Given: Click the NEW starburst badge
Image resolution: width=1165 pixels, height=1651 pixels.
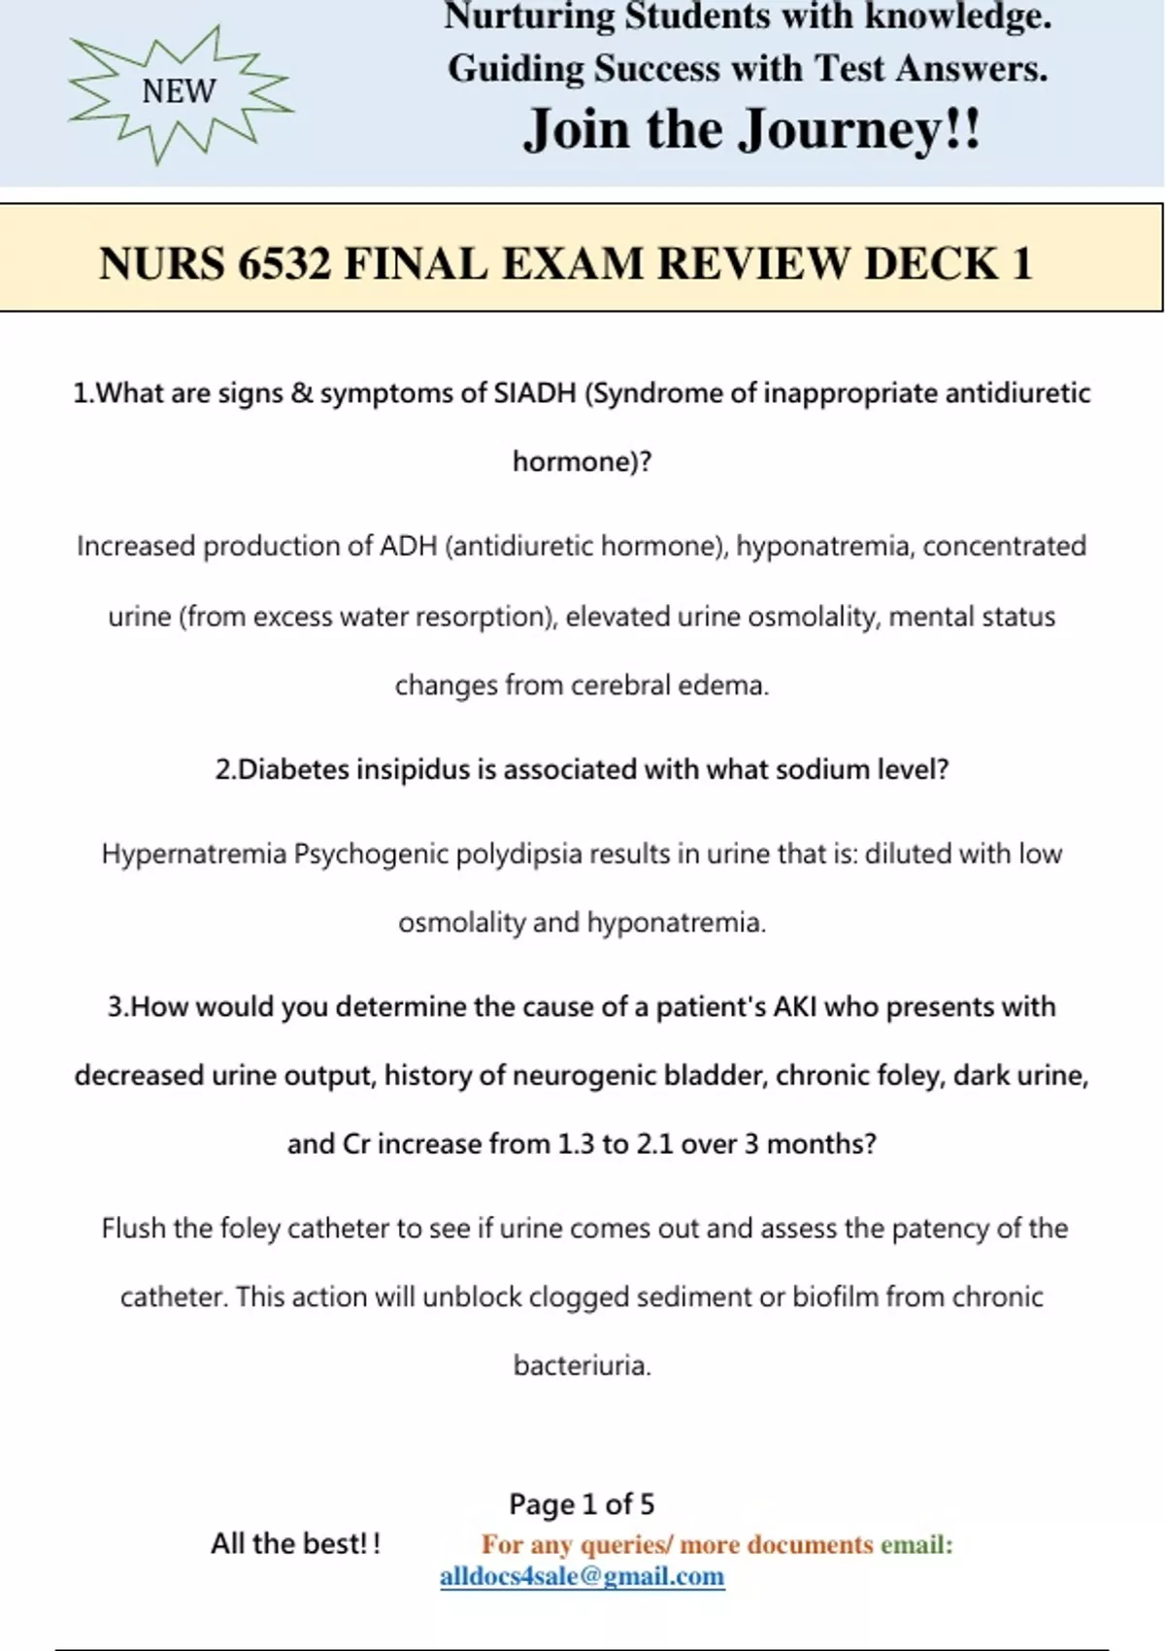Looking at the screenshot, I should [180, 92].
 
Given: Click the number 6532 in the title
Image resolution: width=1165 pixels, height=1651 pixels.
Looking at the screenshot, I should [284, 264].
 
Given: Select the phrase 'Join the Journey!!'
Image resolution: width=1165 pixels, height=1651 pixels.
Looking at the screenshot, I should [752, 129].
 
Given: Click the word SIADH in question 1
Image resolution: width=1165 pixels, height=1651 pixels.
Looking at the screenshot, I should [535, 393].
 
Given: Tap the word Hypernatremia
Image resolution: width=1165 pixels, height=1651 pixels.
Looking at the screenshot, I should [194, 855].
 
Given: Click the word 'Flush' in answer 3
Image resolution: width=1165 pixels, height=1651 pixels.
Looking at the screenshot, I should [133, 1229].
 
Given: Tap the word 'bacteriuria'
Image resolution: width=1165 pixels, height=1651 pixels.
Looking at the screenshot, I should [582, 1366].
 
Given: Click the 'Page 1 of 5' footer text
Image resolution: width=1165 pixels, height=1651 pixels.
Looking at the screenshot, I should [582, 1504].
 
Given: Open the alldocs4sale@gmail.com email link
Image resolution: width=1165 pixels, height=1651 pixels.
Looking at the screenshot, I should [582, 1576].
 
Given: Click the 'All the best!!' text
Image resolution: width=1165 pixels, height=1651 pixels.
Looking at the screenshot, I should [296, 1544].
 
